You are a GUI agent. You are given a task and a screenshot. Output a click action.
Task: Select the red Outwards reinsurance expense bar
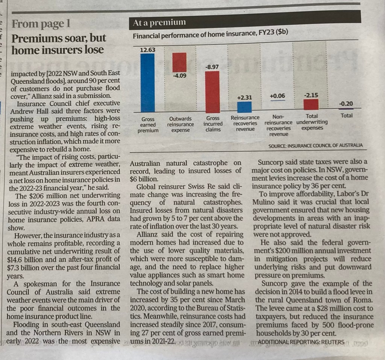point(179,62)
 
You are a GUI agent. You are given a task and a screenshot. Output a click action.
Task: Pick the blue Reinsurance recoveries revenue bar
point(244,107)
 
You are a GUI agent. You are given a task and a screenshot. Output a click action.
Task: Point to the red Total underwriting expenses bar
point(311,104)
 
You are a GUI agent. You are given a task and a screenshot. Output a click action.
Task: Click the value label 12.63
point(147,50)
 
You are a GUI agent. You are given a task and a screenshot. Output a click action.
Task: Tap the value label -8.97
point(212,67)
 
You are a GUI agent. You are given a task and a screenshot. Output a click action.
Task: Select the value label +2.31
point(244,97)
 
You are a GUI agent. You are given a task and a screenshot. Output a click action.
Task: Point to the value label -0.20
point(346,104)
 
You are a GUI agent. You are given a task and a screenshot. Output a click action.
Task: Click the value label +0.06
point(277,96)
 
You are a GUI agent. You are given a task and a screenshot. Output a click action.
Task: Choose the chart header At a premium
point(159,23)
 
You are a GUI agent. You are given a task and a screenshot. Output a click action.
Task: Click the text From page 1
point(41,24)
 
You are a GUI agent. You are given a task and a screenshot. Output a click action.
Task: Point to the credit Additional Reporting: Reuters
point(301,342)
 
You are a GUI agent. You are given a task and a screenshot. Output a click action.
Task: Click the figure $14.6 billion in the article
point(23,259)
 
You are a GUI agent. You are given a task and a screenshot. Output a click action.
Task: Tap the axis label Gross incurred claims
point(213,124)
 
